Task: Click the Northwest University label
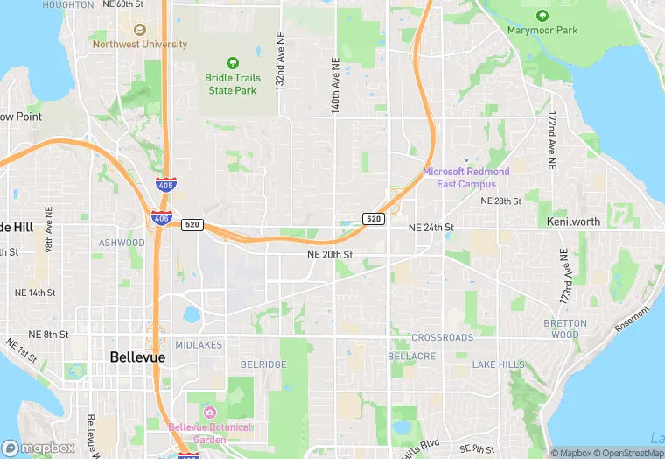pos(140,44)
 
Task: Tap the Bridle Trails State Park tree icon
pos(233,62)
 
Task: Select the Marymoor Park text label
pos(542,31)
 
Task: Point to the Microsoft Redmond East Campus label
pos(465,178)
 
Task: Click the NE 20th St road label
pos(330,254)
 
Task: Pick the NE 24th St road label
pos(431,227)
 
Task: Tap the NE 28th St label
pos(500,201)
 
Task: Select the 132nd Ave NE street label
pos(280,64)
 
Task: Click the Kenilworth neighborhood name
pos(573,222)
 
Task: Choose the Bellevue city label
pos(138,357)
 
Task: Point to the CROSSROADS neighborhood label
pos(442,337)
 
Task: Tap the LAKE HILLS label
pos(499,364)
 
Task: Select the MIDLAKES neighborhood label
pos(199,345)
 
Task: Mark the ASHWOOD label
pos(122,243)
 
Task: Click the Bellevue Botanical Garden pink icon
pos(209,412)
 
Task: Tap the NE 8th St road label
pos(48,335)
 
